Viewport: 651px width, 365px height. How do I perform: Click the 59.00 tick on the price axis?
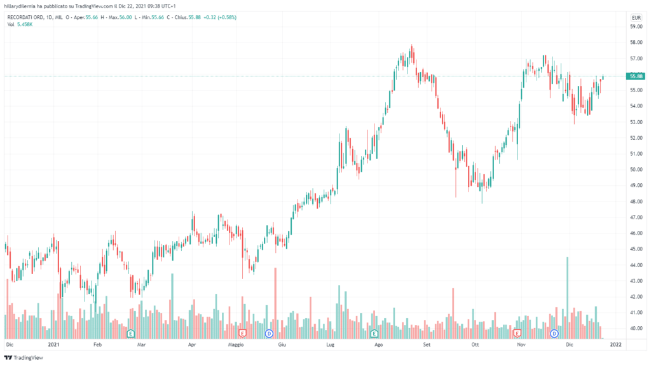point(635,27)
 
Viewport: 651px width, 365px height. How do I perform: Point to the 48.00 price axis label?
point(635,202)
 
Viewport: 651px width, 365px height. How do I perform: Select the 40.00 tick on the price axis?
point(635,329)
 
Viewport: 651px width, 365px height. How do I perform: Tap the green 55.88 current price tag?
point(635,76)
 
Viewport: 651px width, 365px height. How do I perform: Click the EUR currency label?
point(635,17)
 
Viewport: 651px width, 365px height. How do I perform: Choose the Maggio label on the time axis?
point(236,344)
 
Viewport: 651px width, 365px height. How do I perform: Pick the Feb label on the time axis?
point(97,344)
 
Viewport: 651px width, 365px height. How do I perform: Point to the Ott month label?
point(474,344)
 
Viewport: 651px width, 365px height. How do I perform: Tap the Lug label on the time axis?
point(330,344)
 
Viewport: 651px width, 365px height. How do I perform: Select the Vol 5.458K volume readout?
point(20,24)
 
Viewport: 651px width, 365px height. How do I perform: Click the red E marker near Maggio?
point(242,333)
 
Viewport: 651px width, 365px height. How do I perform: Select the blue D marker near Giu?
point(269,333)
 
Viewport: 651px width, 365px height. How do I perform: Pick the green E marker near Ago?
point(374,333)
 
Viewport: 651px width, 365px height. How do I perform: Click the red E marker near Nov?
point(517,333)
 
